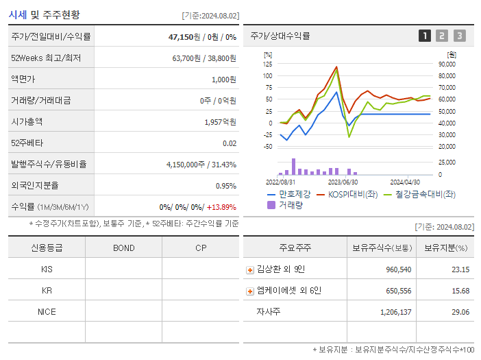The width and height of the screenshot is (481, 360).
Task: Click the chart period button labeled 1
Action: click(x=425, y=36)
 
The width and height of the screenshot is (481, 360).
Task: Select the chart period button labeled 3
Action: click(x=459, y=36)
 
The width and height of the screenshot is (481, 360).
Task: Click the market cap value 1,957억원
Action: click(x=220, y=122)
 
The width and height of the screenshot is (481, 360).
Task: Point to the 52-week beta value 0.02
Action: click(x=230, y=143)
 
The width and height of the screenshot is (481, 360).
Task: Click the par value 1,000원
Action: click(x=224, y=80)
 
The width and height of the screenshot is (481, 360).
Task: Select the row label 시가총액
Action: click(x=27, y=122)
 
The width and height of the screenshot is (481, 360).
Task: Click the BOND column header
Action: click(x=123, y=248)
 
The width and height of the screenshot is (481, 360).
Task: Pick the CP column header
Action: click(x=201, y=248)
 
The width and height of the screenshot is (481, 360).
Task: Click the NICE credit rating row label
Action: click(x=47, y=311)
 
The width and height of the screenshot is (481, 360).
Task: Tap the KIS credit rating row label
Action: click(x=47, y=269)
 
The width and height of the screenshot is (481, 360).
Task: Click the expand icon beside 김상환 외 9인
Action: click(x=250, y=269)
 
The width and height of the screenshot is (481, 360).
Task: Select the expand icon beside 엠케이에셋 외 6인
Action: click(x=250, y=291)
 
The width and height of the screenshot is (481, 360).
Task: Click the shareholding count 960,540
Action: click(x=395, y=269)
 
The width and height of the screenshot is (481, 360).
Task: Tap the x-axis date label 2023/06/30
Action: click(x=343, y=182)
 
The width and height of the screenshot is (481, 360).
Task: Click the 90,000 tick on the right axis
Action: click(x=447, y=64)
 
